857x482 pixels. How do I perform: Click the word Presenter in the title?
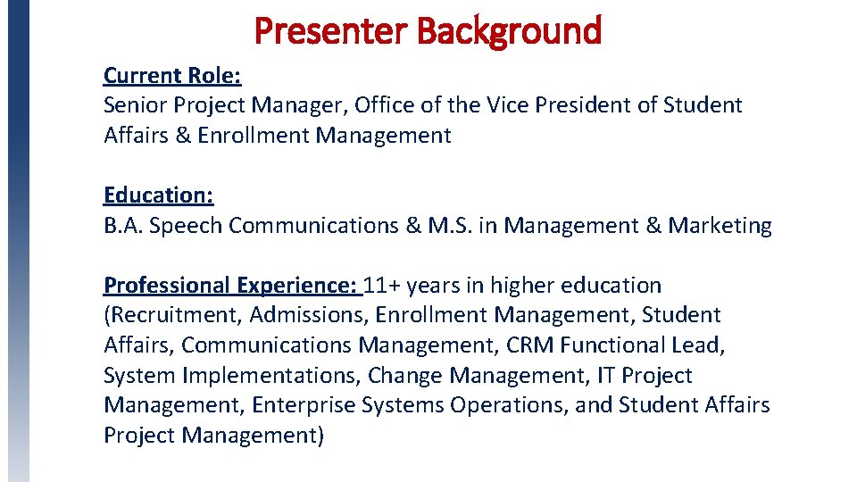[330, 30]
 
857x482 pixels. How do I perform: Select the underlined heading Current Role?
[172, 75]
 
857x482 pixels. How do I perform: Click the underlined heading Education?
[158, 195]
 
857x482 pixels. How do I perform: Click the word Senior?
[136, 105]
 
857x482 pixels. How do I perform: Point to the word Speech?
[186, 226]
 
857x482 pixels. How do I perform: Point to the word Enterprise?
[304, 405]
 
